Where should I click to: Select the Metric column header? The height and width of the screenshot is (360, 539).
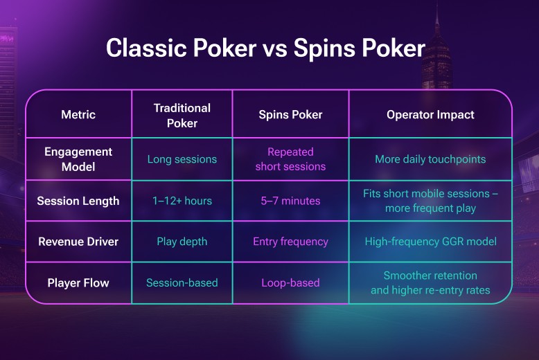coord(78,114)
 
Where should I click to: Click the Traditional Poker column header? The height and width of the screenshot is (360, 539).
coord(182,115)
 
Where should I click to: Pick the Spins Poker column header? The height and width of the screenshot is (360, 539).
coord(290,114)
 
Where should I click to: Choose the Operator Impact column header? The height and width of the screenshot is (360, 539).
coord(430,114)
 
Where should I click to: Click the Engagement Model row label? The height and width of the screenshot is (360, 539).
coord(78,159)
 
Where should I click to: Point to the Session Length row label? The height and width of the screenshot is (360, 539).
coord(78,201)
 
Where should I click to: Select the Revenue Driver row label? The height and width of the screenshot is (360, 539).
coord(78,242)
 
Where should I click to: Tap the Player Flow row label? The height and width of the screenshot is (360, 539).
coord(78,282)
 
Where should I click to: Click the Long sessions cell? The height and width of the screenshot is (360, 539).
coord(182,159)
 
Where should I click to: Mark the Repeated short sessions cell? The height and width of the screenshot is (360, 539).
coord(290,159)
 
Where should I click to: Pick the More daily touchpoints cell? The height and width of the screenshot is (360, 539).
coord(430,159)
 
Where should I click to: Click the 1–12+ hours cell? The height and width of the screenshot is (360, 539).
coord(182,201)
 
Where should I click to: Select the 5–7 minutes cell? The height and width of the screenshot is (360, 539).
coord(290,201)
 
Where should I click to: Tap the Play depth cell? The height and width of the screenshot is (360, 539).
coord(182,242)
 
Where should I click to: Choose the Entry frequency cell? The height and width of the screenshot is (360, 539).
coord(290,242)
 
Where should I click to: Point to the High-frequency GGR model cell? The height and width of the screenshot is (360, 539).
coord(430,242)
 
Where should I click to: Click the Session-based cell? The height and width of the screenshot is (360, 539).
coord(182,282)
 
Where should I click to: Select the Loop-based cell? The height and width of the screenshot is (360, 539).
coord(290,282)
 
